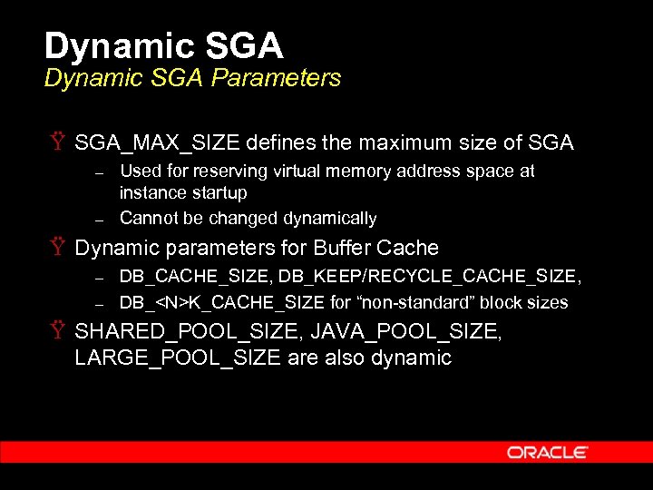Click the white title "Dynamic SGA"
[163, 45]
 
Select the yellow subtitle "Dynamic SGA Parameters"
[192, 78]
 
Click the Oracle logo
[547, 452]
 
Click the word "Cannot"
[147, 218]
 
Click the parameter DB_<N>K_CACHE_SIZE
[220, 302]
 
